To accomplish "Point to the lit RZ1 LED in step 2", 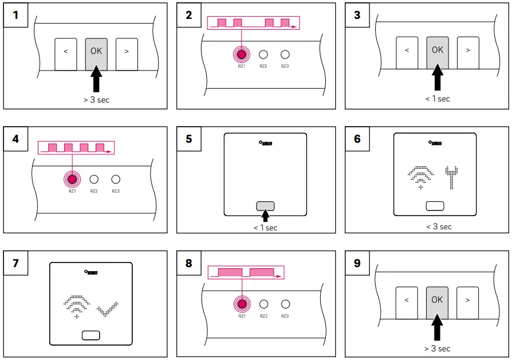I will [x=242, y=54].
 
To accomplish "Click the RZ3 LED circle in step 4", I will [x=116, y=179].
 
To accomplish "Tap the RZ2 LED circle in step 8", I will [x=263, y=304].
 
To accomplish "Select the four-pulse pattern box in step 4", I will [x=76, y=148].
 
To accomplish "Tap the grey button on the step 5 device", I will [x=265, y=206].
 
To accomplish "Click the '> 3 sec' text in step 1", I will [x=96, y=100].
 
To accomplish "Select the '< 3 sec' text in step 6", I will [x=439, y=226].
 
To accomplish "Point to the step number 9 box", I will [x=357, y=264].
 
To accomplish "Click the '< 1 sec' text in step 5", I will [x=265, y=228].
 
